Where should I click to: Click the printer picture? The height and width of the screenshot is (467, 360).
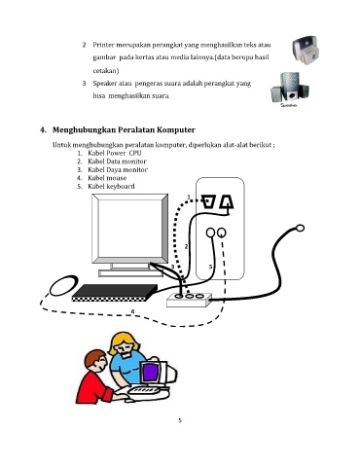pos(306,51)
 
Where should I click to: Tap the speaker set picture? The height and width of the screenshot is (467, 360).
pos(289,88)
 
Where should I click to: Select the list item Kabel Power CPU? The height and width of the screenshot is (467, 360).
pos(115,153)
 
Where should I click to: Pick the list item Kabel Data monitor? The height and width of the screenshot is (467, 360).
pos(117,162)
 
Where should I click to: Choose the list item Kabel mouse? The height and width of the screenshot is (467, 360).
pos(107,178)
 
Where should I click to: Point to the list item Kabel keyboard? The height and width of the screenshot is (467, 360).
pos(111,186)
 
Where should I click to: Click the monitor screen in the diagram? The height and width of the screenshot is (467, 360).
pos(129,228)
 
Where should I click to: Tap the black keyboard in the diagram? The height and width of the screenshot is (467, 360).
pos(115,293)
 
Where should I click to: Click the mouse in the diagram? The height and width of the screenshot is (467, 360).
pos(63,285)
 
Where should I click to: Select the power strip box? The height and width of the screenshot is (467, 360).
pos(189,300)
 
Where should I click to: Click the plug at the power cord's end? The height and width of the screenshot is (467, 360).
pos(300,229)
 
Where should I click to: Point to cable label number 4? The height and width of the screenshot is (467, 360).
pos(132,311)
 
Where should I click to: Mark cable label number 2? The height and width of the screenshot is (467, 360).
pos(186,246)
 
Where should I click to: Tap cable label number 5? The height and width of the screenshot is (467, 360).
pos(210,267)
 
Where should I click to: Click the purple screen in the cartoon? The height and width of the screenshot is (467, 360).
pos(150,373)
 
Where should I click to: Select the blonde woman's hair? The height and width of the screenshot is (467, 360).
pos(125,342)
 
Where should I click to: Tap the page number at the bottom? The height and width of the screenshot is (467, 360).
pos(180,421)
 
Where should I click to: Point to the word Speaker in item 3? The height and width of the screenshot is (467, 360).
pos(104,84)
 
